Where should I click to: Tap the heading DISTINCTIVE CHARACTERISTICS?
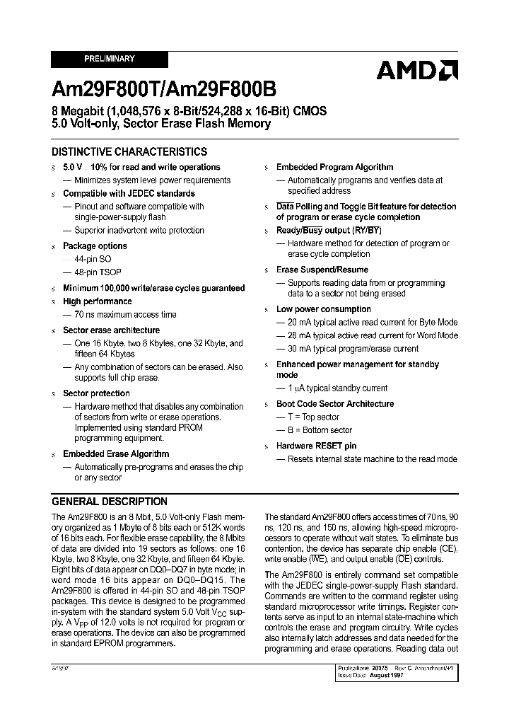point(129,151)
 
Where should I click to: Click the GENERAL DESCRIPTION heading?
point(110,501)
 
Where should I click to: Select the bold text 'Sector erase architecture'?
point(111,330)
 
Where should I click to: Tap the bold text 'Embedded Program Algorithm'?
point(334,167)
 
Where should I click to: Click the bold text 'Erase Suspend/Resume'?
point(322,270)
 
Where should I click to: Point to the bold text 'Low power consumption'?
point(323,309)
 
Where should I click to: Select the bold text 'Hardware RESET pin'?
point(316,446)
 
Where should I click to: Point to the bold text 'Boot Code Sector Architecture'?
point(335,403)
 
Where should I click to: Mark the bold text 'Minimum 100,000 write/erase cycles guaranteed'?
point(154,288)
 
